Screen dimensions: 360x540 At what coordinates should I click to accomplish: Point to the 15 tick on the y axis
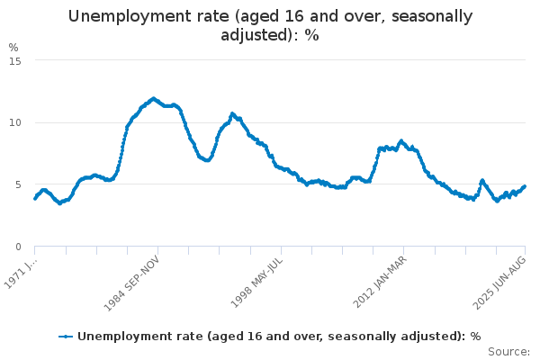coord(15,60)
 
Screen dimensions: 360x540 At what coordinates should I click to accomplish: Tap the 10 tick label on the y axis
coord(15,122)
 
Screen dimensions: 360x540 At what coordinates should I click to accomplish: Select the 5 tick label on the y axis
coord(18,184)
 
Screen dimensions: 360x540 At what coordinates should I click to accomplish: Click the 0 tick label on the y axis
coord(18,247)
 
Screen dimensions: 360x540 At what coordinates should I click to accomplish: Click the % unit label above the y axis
coord(13,47)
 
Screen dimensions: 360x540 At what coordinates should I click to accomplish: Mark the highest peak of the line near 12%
coord(153,98)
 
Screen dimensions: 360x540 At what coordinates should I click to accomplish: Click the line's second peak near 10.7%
coord(232,113)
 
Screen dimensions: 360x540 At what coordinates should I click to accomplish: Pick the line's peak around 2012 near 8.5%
coord(401,140)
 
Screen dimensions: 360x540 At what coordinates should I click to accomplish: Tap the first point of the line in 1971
coord(35,198)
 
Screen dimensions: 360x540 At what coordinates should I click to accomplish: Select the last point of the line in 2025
coord(525,186)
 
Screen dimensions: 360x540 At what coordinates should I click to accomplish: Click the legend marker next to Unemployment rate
coord(66,337)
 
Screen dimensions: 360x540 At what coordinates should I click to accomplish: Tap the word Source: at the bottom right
coord(510,352)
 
